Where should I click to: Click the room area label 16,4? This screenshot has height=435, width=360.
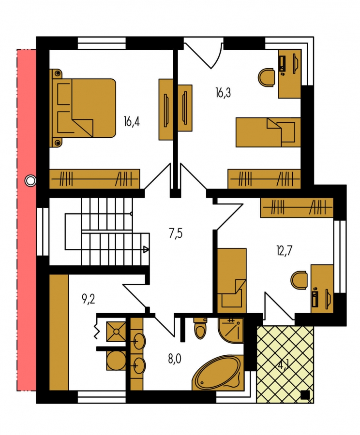(132, 122)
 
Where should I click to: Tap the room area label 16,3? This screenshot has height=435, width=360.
(223, 93)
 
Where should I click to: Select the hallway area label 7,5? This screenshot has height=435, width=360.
(176, 233)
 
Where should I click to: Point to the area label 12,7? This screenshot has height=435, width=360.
(285, 251)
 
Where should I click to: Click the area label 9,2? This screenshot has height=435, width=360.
(89, 299)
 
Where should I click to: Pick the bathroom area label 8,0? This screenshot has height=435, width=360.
(175, 359)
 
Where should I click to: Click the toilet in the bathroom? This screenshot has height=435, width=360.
(200, 328)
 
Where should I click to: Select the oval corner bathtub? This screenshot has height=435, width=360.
(218, 374)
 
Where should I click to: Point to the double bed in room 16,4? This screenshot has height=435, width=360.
(82, 108)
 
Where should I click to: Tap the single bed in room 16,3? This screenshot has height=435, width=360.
(268, 132)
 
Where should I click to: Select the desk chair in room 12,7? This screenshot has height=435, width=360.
(299, 280)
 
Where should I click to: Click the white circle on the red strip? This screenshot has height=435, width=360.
(30, 181)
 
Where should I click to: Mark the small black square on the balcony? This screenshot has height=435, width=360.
(305, 395)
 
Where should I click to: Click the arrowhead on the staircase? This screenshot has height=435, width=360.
(146, 249)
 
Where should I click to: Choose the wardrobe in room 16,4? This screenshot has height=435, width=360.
(94, 179)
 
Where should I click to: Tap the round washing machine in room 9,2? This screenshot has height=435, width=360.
(116, 361)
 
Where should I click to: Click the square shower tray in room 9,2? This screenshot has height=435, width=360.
(116, 331)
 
